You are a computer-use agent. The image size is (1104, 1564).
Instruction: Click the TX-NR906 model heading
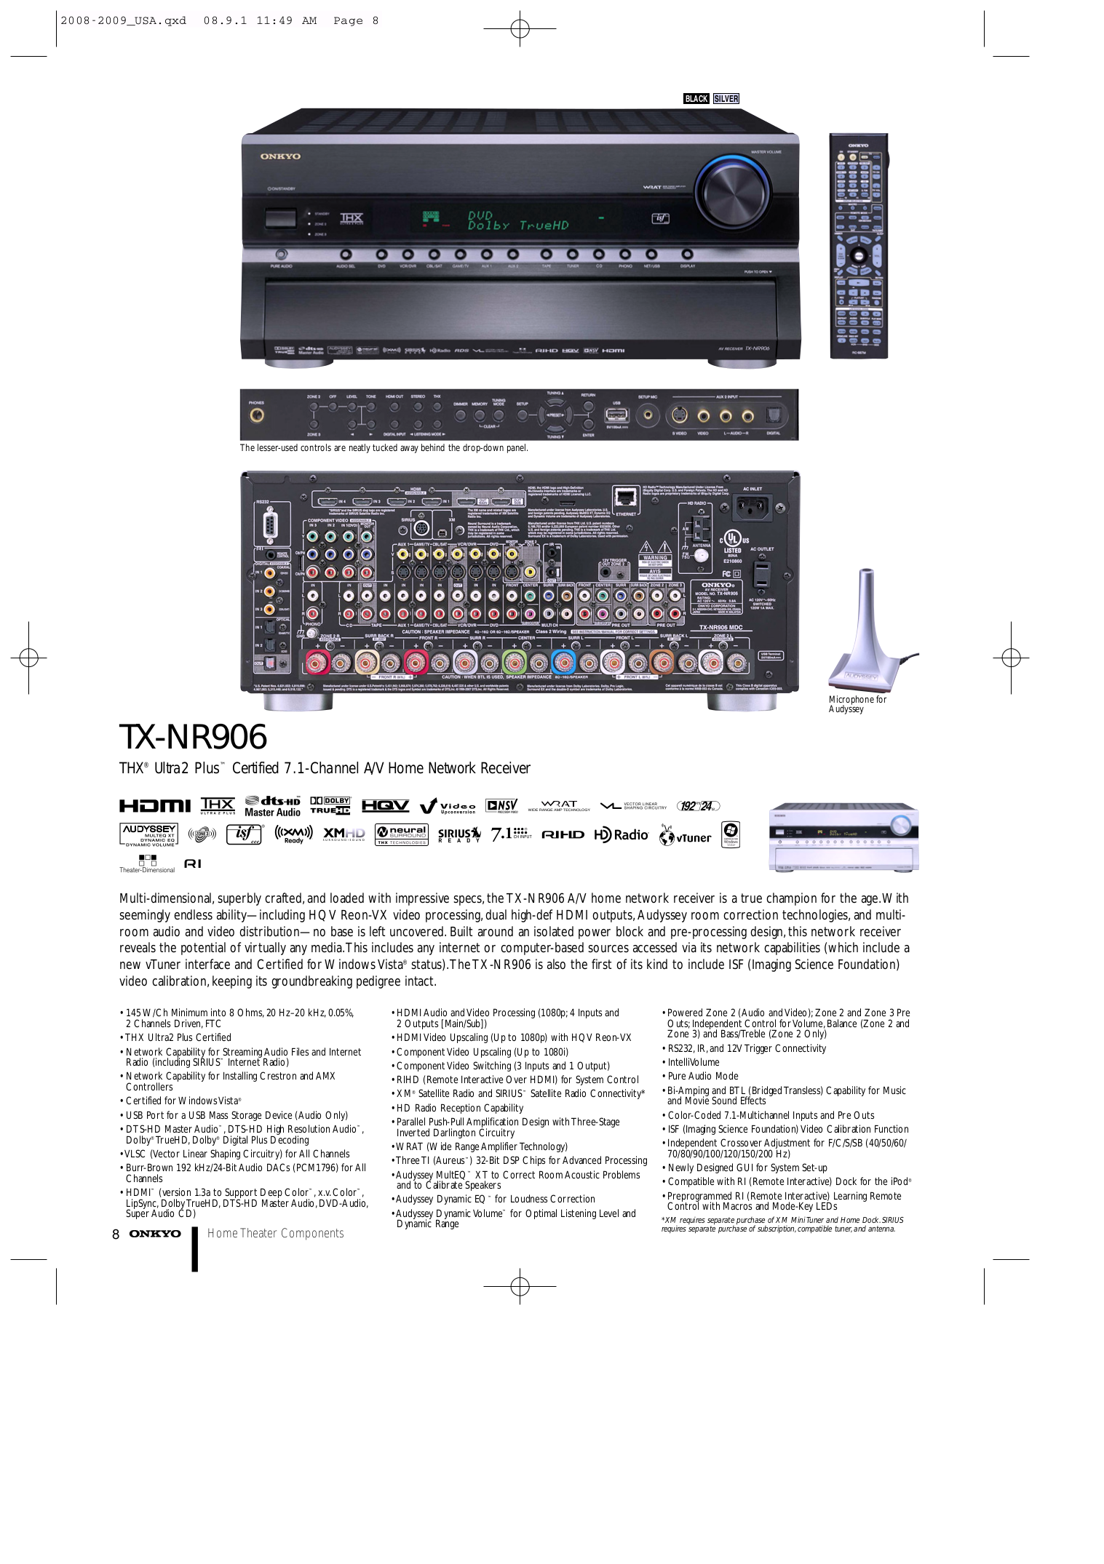[194, 737]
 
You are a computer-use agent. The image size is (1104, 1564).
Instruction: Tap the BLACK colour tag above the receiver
[696, 99]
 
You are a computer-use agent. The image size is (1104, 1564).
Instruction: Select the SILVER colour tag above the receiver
[726, 99]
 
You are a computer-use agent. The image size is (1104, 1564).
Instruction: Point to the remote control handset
[859, 246]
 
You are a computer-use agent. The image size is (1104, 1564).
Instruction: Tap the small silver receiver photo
[843, 837]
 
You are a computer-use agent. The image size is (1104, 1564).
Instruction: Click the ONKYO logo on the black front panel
[280, 156]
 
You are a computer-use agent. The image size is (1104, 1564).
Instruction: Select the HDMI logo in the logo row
[155, 806]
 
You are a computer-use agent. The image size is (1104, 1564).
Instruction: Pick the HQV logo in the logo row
[385, 806]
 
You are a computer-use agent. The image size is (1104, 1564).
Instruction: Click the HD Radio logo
[621, 835]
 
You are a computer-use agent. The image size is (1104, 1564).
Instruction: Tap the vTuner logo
[685, 836]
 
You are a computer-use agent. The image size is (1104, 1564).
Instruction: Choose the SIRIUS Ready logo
[459, 835]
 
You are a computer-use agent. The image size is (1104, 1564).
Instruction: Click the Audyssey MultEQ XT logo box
[149, 834]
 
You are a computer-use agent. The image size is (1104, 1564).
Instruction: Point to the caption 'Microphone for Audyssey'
[857, 704]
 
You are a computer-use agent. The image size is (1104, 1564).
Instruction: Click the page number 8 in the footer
[116, 1234]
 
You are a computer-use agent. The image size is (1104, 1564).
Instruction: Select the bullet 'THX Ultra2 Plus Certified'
[178, 1038]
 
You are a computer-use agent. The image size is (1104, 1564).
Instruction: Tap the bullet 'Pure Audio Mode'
[703, 1077]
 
